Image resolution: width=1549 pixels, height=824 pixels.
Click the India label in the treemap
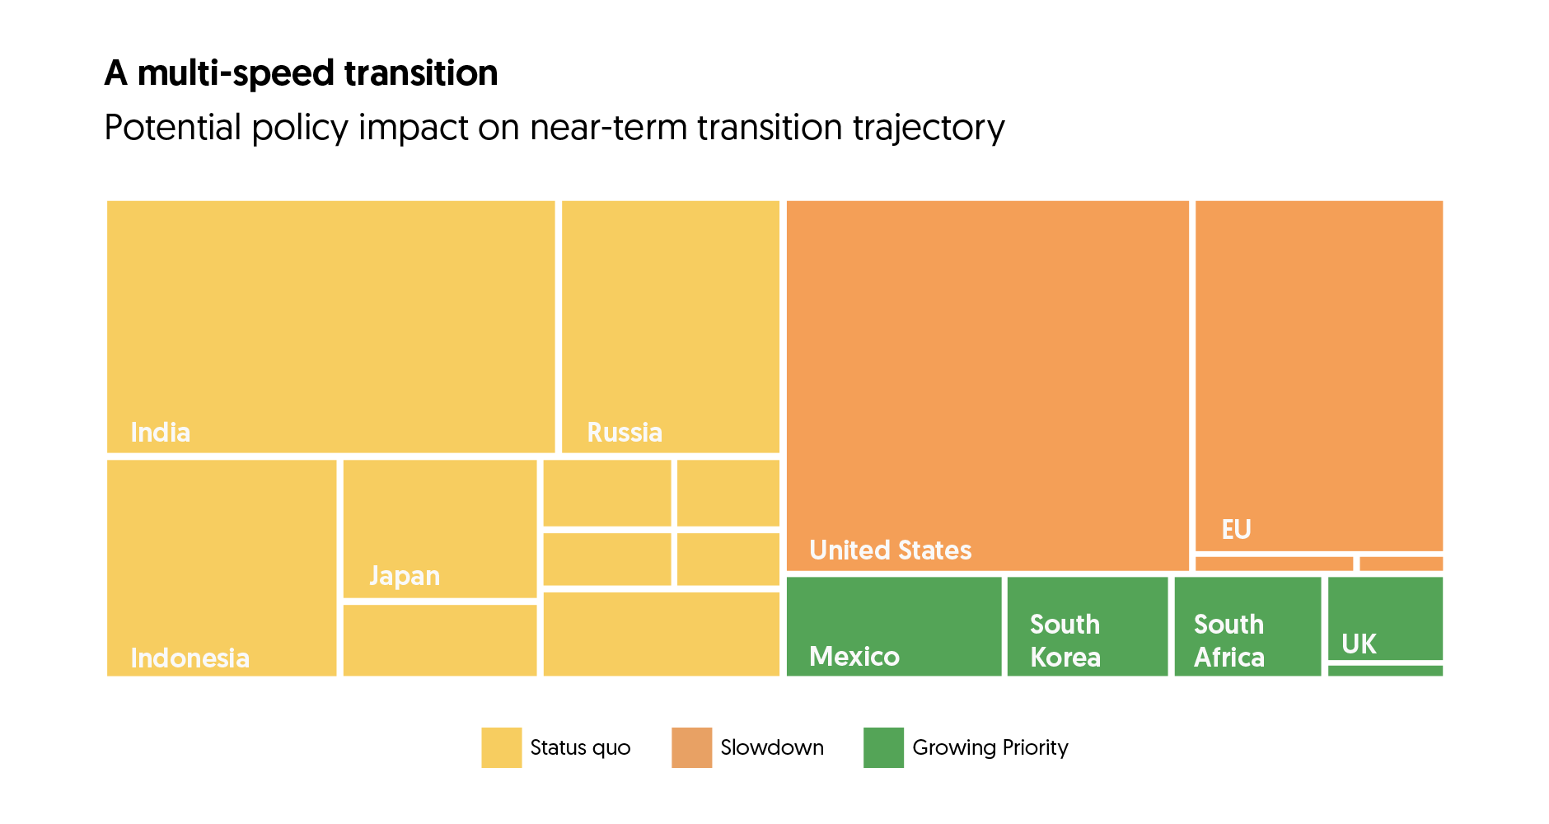(161, 433)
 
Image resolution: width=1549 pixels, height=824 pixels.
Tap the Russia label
(625, 433)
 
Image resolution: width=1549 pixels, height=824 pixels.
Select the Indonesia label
(190, 658)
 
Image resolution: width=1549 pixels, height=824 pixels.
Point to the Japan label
(405, 576)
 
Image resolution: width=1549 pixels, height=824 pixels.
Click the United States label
(891, 550)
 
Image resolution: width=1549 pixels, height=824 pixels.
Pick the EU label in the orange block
(1236, 529)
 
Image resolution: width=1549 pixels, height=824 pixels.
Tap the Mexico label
(854, 657)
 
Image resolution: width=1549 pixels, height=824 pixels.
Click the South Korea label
(1065, 641)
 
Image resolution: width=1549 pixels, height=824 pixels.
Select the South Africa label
(1229, 641)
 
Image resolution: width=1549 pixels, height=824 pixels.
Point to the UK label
(1359, 644)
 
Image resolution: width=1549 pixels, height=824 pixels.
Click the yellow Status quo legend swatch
(502, 747)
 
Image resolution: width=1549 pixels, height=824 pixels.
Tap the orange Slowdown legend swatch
(692, 747)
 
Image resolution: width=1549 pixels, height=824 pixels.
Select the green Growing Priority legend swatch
(883, 747)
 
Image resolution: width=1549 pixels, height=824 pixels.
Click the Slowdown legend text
(772, 747)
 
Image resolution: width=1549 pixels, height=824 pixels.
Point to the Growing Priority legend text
(990, 748)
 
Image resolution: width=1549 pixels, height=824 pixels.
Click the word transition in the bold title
(421, 73)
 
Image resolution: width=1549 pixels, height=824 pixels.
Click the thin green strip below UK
(1385, 671)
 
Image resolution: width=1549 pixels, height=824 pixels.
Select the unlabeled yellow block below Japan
(440, 640)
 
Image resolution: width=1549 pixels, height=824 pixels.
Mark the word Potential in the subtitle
(173, 128)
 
